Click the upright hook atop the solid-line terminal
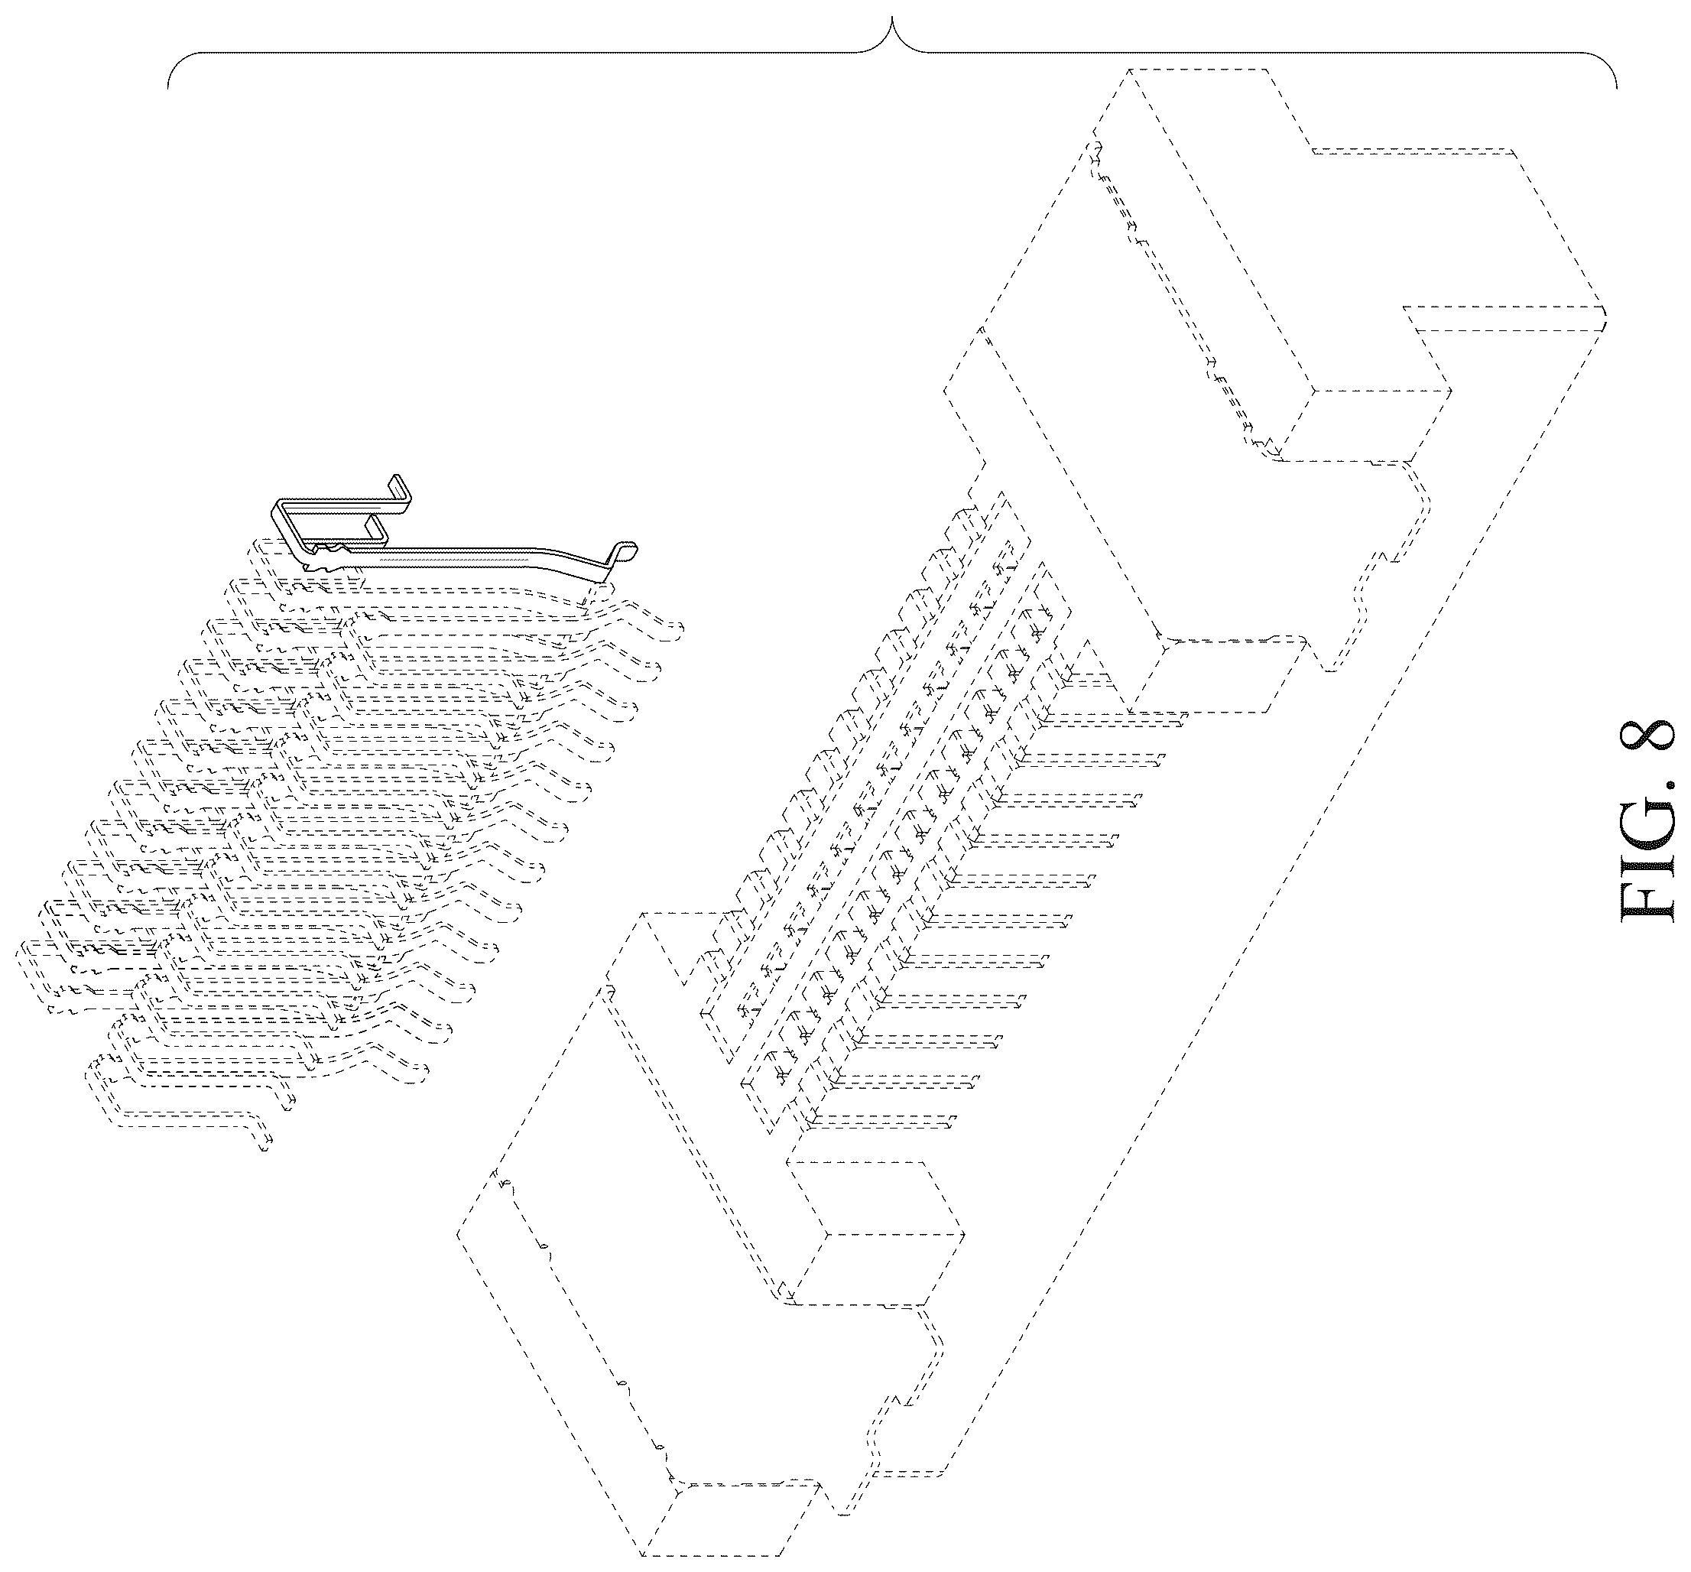(x=401, y=493)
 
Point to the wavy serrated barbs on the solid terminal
(x=327, y=557)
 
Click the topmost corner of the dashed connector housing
(x=1131, y=69)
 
